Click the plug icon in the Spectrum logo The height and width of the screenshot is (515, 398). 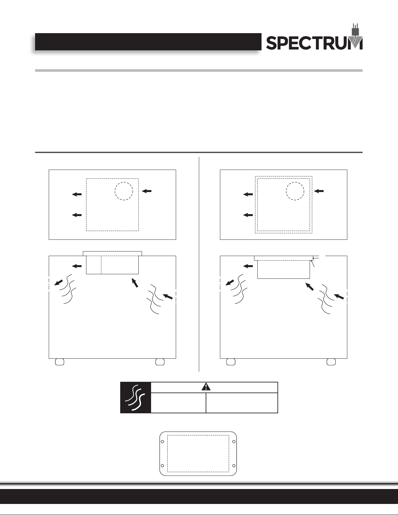(356, 33)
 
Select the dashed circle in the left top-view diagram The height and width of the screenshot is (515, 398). (124, 191)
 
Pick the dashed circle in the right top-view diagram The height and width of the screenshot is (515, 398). (295, 191)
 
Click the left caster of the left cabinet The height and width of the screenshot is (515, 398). (59, 362)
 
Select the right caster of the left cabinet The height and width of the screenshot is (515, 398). (160, 362)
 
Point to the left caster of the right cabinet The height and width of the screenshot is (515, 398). (231, 362)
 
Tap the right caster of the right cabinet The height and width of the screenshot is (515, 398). (331, 362)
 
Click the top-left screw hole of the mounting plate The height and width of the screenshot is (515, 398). (162, 442)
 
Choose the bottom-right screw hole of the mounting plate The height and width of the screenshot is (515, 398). (234, 466)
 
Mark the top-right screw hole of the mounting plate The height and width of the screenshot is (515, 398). (234, 442)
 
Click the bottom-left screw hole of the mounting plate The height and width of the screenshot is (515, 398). (162, 466)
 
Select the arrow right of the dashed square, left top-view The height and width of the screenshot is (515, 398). (147, 191)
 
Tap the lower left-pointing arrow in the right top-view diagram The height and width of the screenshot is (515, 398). (248, 215)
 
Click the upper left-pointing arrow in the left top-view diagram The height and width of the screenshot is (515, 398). (77, 194)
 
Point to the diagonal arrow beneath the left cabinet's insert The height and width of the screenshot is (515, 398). (135, 283)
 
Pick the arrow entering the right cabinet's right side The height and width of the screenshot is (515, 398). (339, 296)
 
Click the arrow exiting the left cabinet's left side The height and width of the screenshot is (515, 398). (59, 282)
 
